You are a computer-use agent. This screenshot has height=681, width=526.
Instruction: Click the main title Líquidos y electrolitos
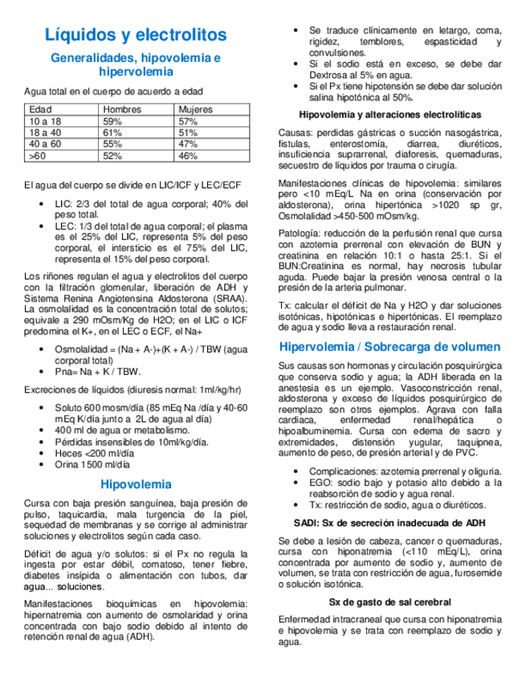136,35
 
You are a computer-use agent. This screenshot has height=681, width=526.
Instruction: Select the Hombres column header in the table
123,109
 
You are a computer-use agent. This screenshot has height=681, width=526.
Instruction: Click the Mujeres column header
196,109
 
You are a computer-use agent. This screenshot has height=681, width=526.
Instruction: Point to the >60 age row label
37,156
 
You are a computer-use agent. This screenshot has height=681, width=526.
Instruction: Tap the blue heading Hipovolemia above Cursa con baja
136,484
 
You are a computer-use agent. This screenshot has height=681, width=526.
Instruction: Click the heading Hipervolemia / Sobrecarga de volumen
389,347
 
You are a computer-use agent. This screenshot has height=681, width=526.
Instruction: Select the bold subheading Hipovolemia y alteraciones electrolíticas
389,115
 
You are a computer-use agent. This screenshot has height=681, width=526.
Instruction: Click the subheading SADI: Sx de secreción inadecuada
389,523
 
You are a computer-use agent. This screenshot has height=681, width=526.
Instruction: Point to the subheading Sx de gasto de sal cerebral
389,601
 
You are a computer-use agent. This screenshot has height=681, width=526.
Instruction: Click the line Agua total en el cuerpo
113,92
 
